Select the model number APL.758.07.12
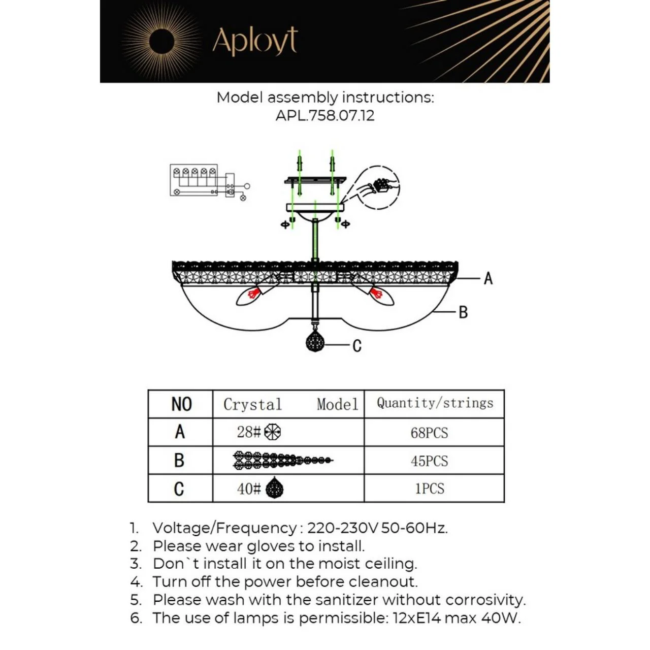[x=325, y=115]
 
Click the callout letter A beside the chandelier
[x=488, y=278]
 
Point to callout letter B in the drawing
[x=463, y=312]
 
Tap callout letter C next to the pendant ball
[x=357, y=346]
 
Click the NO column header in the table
[x=181, y=404]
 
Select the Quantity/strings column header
[x=435, y=403]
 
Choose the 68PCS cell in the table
[x=430, y=433]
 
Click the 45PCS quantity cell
[x=430, y=461]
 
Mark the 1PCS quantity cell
[x=430, y=489]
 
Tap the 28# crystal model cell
[x=258, y=432]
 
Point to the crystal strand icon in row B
[x=282, y=460]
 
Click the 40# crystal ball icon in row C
[x=274, y=489]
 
